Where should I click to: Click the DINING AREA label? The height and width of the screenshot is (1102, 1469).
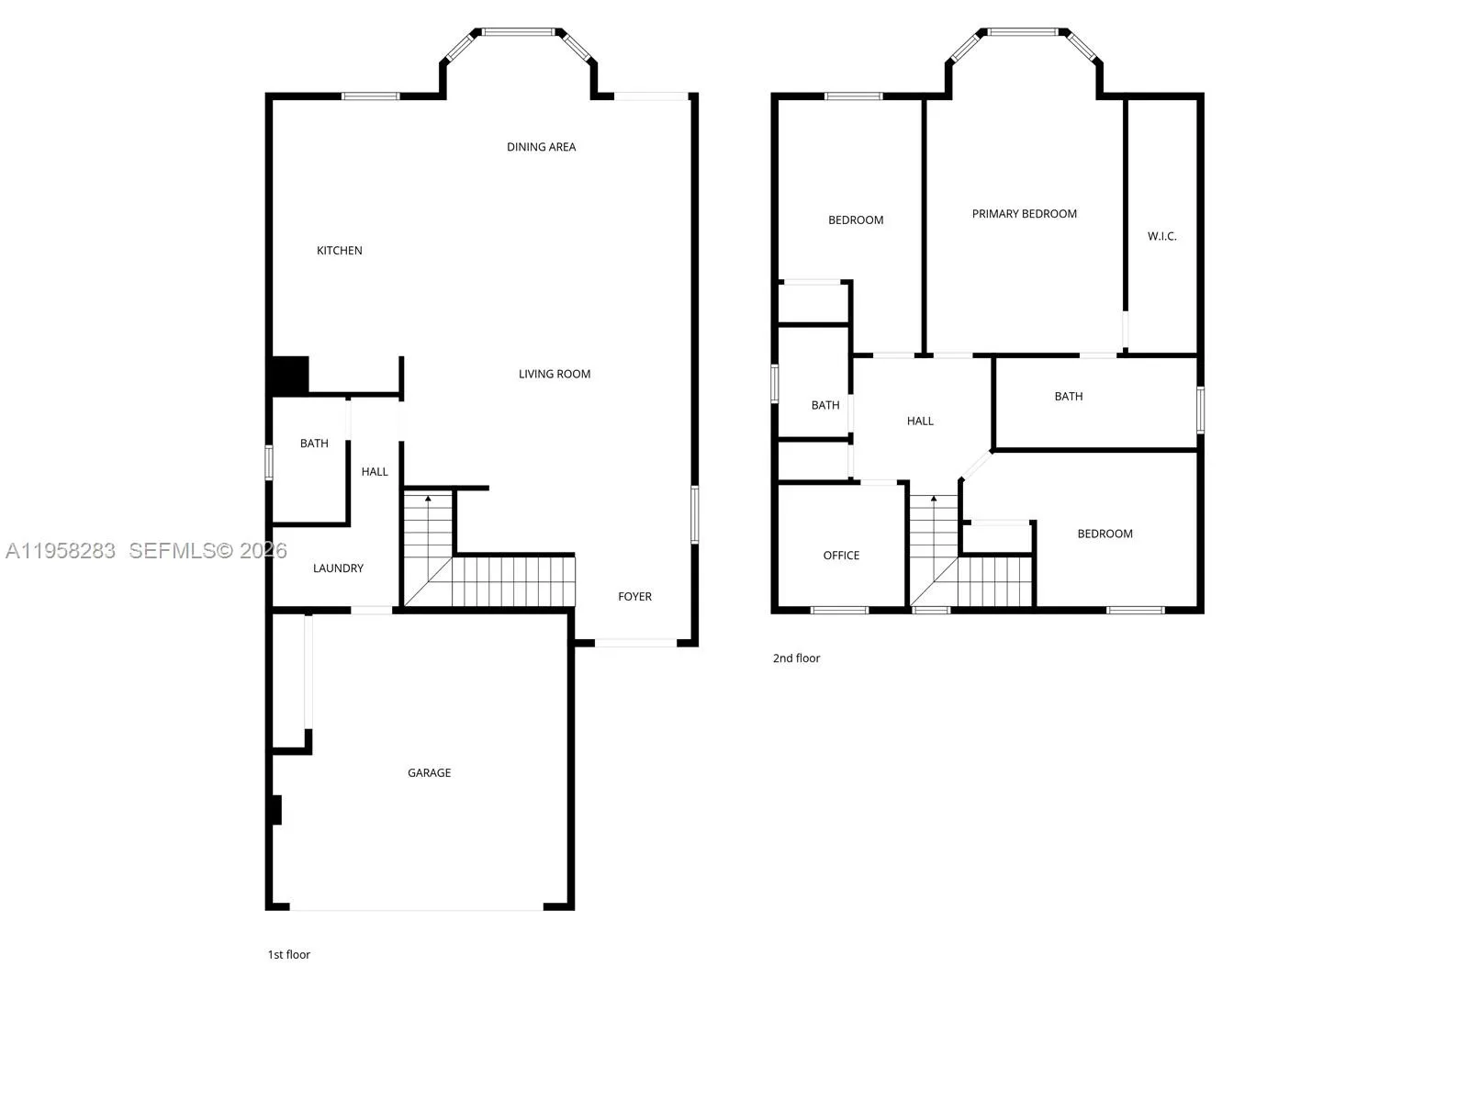tap(541, 147)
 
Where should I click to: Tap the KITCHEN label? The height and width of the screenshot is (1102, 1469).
tap(339, 251)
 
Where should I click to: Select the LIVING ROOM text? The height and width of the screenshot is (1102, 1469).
tap(554, 374)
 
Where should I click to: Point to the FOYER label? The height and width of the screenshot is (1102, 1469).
tap(634, 597)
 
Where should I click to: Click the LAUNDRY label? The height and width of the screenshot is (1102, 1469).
tap(338, 568)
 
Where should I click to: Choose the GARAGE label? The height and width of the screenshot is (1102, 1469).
tap(429, 773)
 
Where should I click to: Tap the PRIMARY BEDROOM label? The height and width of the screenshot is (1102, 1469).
tap(1024, 214)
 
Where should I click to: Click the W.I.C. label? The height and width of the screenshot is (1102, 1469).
tap(1161, 237)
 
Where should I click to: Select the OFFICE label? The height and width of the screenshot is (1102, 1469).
tap(841, 556)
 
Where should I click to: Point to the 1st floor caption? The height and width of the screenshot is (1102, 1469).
tap(288, 955)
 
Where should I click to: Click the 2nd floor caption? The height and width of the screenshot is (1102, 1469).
tap(796, 658)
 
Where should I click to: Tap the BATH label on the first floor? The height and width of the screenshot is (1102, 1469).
tap(314, 444)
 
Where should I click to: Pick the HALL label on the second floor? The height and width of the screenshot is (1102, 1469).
tap(920, 422)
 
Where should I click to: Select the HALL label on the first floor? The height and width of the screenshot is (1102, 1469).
tap(375, 472)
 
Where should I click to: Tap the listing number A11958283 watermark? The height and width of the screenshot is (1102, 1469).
tap(61, 550)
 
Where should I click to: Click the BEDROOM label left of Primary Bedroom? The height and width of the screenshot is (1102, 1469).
tap(856, 220)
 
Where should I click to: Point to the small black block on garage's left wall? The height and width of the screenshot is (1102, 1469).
tap(276, 810)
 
